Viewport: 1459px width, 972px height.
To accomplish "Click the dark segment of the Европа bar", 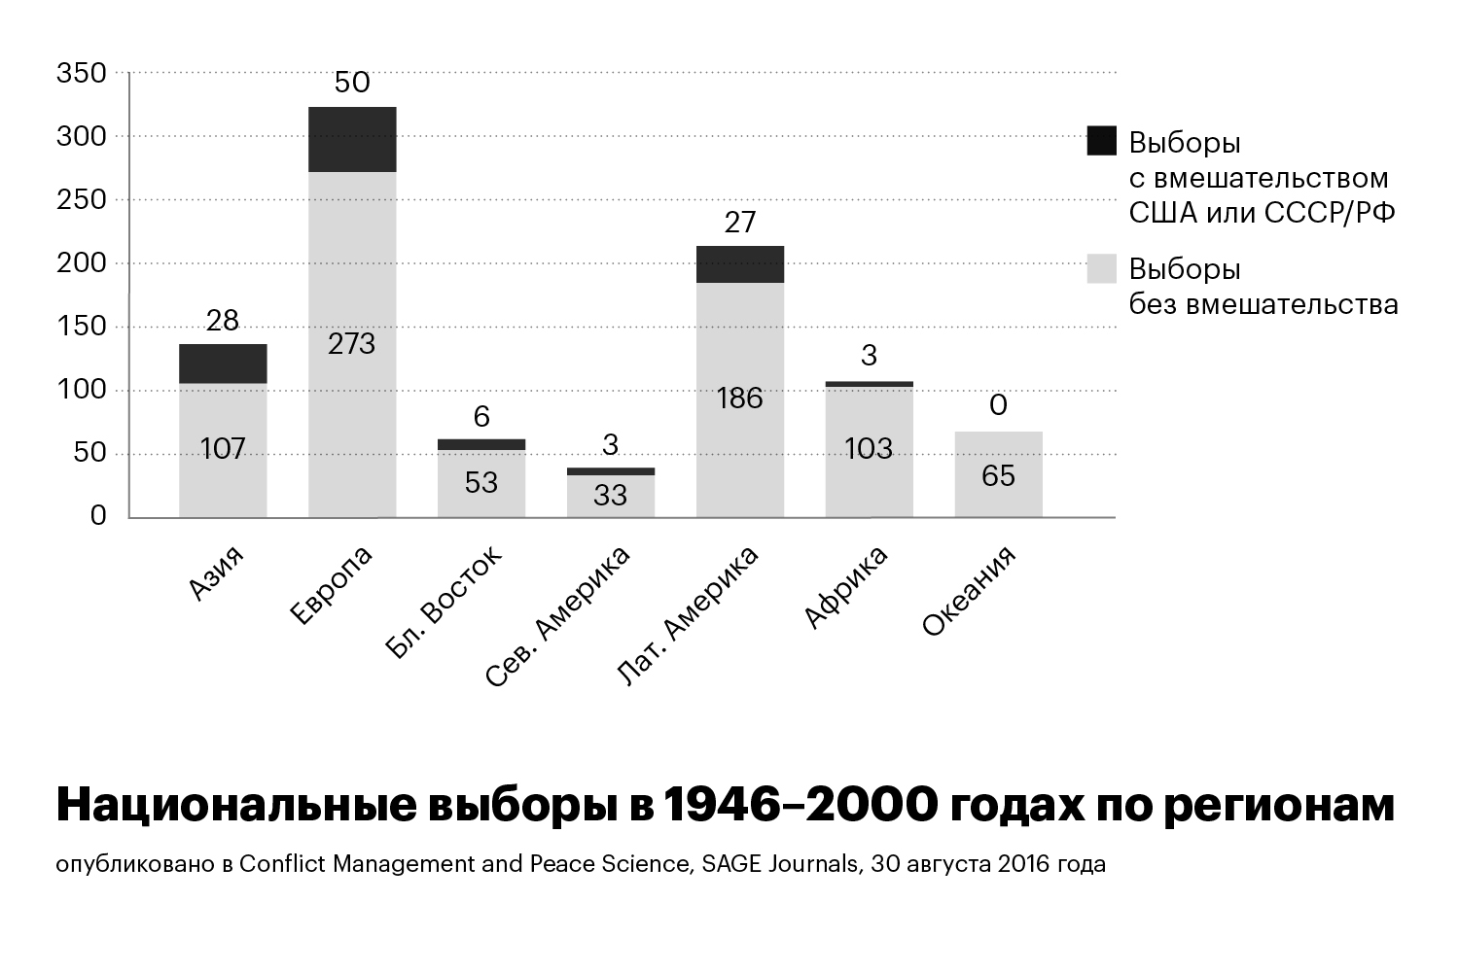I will [352, 139].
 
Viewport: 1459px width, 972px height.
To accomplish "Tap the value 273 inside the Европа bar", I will [352, 344].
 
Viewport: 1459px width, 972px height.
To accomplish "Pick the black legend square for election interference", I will [1101, 141].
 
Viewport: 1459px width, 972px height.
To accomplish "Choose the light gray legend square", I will [1101, 268].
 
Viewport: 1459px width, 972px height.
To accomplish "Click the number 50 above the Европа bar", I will [352, 83].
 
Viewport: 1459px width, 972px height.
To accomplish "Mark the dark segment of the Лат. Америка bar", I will [740, 264].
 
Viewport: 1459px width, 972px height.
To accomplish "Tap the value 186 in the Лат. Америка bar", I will [740, 399].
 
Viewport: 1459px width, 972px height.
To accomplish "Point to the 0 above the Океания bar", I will [998, 405].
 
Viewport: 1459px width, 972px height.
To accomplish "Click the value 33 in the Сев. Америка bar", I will [610, 496].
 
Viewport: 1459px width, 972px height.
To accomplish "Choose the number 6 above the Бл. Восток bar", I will [481, 417].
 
